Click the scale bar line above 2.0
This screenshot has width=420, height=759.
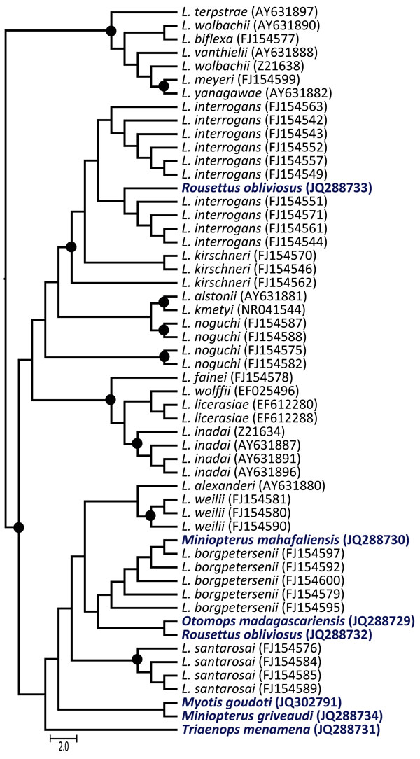tap(64, 738)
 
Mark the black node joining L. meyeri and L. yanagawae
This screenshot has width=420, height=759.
tap(164, 86)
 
